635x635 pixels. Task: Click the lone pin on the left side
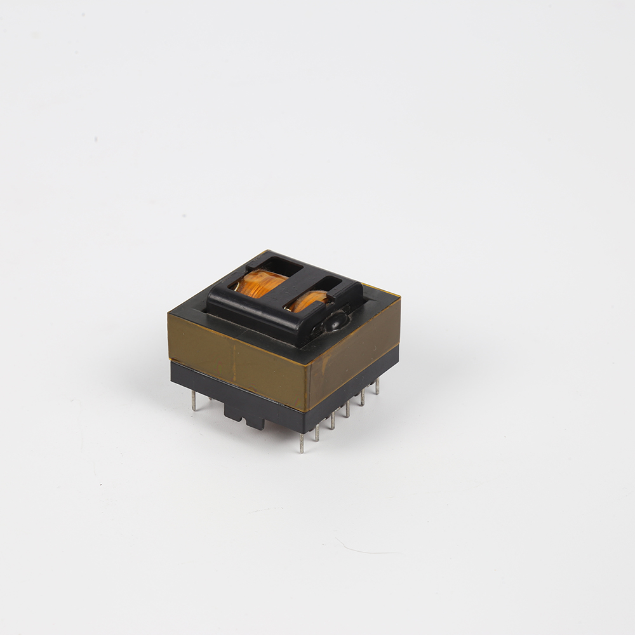pos(194,401)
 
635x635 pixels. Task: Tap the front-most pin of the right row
pos(302,442)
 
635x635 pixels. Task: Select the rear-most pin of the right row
pos(377,386)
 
